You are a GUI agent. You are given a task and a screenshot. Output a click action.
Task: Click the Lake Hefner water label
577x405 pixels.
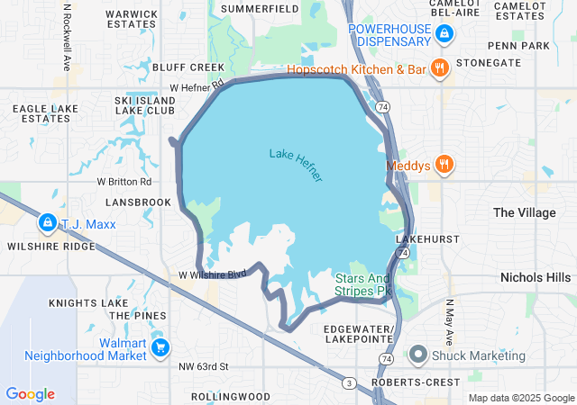tap(296, 165)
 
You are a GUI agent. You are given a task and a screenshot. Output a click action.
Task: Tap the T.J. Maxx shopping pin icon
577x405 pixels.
tap(47, 222)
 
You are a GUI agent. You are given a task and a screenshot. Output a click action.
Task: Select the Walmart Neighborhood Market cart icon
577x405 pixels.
tap(160, 347)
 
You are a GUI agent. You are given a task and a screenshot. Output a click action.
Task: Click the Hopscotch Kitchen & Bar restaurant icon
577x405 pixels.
tap(439, 68)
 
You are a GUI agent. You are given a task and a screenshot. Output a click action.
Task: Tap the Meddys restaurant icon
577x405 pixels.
tap(444, 165)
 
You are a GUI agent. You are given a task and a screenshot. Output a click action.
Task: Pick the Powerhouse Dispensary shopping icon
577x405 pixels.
tap(444, 34)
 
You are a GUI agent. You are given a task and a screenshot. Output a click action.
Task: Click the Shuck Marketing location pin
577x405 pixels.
tap(418, 355)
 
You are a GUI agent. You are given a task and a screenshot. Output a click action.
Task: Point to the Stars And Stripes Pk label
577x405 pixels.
tap(364, 284)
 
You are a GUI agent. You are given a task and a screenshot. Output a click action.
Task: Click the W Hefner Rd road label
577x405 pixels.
tap(197, 87)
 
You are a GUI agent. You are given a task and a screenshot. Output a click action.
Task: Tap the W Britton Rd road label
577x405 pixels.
tap(124, 181)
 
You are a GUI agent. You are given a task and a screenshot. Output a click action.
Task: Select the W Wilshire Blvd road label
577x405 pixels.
tap(212, 274)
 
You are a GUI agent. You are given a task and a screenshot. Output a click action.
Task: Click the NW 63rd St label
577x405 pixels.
tap(204, 366)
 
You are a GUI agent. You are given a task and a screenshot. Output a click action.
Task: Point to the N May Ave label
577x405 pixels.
tap(448, 322)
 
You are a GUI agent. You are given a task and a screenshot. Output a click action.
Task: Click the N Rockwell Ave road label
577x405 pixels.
tap(67, 36)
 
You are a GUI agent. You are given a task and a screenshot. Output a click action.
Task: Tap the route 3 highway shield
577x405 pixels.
tap(348, 383)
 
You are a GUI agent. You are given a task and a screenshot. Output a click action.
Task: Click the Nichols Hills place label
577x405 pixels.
tap(536, 277)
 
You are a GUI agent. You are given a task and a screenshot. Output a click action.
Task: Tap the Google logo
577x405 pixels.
tap(30, 394)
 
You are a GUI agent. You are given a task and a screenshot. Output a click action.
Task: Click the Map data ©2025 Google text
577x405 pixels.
tap(520, 398)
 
